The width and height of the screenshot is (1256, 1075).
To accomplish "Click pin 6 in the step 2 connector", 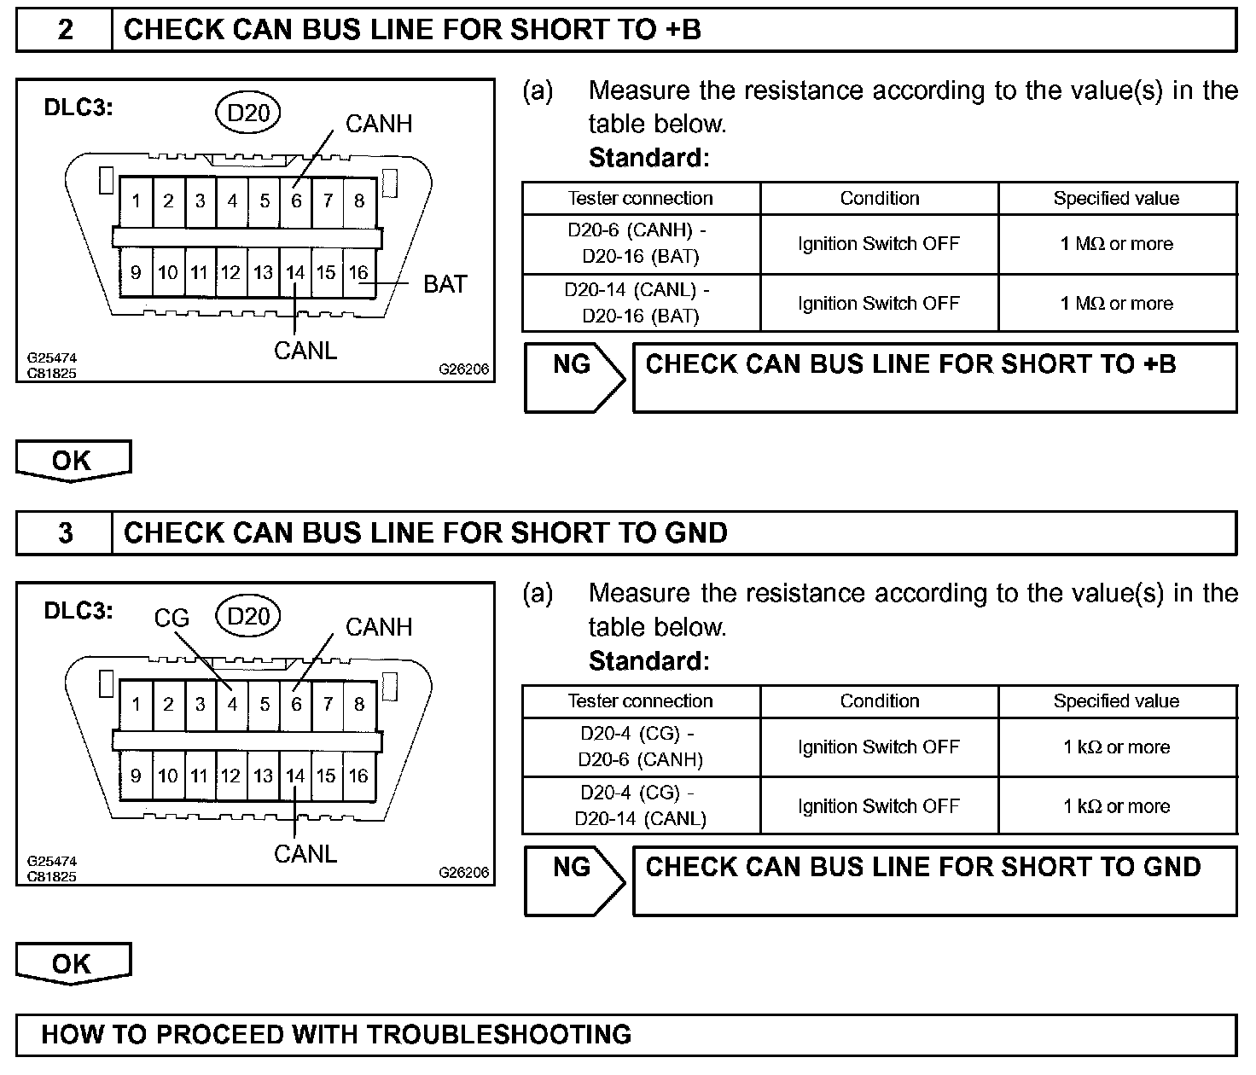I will (x=296, y=201).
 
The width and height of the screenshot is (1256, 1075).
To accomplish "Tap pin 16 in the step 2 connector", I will (x=358, y=273).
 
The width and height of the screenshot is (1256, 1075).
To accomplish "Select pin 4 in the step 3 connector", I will (x=232, y=705).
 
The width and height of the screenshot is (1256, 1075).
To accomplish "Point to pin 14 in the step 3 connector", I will (x=295, y=776).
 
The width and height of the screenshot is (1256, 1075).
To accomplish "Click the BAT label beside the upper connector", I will (x=445, y=284).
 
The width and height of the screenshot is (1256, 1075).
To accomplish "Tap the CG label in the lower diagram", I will (x=172, y=618).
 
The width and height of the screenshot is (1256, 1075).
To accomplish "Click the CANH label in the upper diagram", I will (x=379, y=125).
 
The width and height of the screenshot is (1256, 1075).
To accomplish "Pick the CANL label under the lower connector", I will (x=305, y=854).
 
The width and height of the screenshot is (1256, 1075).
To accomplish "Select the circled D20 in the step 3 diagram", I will (x=248, y=616).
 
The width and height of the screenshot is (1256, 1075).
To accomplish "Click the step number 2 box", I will (x=65, y=31).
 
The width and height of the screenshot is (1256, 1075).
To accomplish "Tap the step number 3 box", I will (x=65, y=534).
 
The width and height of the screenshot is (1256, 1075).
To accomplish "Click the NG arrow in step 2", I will (x=574, y=378).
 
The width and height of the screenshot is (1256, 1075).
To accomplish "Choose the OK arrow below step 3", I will (x=73, y=964).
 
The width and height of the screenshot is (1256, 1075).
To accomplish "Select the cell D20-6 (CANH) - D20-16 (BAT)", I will (x=641, y=244).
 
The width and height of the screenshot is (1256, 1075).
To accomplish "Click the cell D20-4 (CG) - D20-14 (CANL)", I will (x=641, y=806).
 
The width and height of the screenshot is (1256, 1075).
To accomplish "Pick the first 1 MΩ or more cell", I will (x=1117, y=244).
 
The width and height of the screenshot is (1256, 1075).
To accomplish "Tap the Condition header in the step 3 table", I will (x=880, y=701).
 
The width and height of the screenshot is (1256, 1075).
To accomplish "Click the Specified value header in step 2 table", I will (x=1117, y=199).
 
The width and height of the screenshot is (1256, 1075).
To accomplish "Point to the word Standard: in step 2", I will (x=649, y=158).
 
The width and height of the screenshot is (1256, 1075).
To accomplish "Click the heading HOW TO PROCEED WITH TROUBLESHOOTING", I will (x=336, y=1035).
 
